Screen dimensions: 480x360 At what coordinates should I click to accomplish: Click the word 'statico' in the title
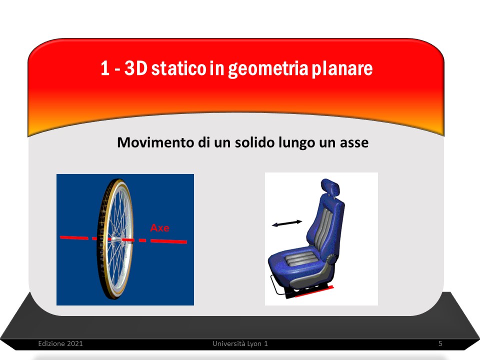[x=178, y=68]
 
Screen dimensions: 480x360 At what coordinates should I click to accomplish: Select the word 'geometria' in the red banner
[x=268, y=69]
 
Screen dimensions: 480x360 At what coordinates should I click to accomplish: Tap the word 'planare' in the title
[x=342, y=69]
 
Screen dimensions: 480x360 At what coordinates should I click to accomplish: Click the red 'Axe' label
[x=160, y=228]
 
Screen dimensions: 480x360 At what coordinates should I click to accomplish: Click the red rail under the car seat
[x=314, y=291]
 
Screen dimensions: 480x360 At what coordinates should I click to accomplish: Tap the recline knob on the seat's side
[x=330, y=259]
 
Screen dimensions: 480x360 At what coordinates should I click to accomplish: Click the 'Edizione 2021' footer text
[x=60, y=343]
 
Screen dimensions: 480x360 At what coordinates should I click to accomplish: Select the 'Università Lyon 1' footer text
[x=240, y=344]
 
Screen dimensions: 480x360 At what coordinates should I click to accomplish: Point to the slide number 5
[x=440, y=343]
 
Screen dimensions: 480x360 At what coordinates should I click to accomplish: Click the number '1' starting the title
[x=105, y=68]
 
